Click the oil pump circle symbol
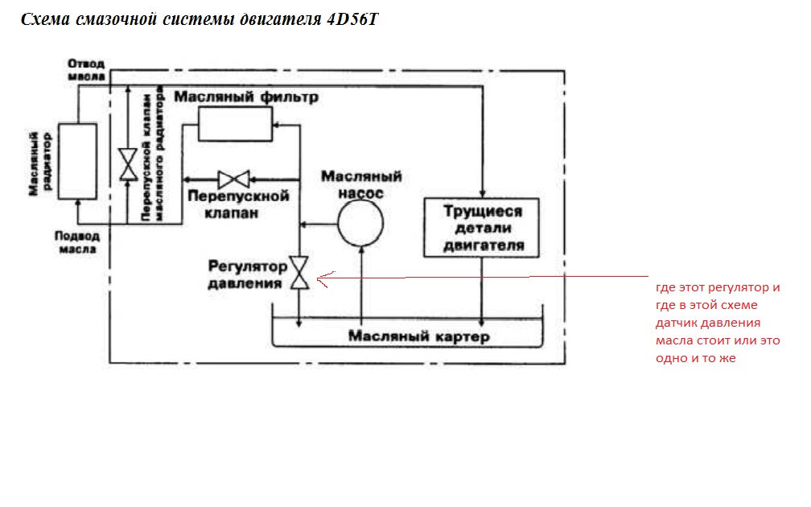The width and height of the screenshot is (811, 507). click(x=360, y=222)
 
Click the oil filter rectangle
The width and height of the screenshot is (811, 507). click(x=237, y=125)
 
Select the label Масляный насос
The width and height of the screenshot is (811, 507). click(x=361, y=184)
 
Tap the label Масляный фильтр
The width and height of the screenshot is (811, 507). click(x=247, y=97)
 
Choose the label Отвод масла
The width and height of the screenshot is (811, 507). click(x=86, y=68)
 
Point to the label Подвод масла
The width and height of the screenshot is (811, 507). click(x=77, y=242)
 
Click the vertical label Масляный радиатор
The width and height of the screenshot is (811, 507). click(x=35, y=162)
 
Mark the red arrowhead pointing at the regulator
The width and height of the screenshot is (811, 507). click(x=323, y=279)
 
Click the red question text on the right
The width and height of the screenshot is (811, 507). click(x=718, y=323)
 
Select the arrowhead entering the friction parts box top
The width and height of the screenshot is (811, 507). click(x=482, y=192)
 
